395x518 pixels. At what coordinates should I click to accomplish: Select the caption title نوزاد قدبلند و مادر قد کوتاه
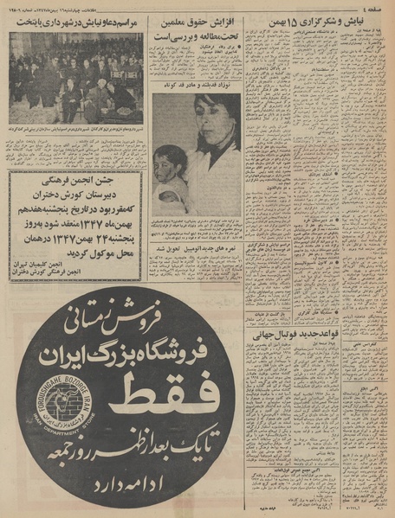196,86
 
